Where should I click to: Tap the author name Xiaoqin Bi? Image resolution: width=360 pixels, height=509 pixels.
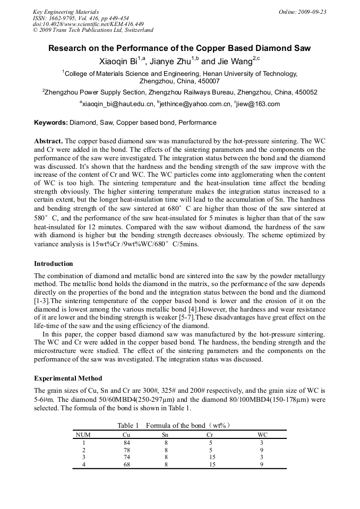click(118, 62)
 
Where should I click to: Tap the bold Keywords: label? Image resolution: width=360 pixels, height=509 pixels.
click(51, 123)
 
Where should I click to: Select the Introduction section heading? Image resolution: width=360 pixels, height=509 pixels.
click(54, 263)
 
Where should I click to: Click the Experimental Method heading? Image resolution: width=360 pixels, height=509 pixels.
click(68, 378)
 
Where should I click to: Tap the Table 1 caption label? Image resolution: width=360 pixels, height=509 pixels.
click(128, 426)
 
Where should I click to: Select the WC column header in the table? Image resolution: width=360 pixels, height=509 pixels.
click(262, 434)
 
